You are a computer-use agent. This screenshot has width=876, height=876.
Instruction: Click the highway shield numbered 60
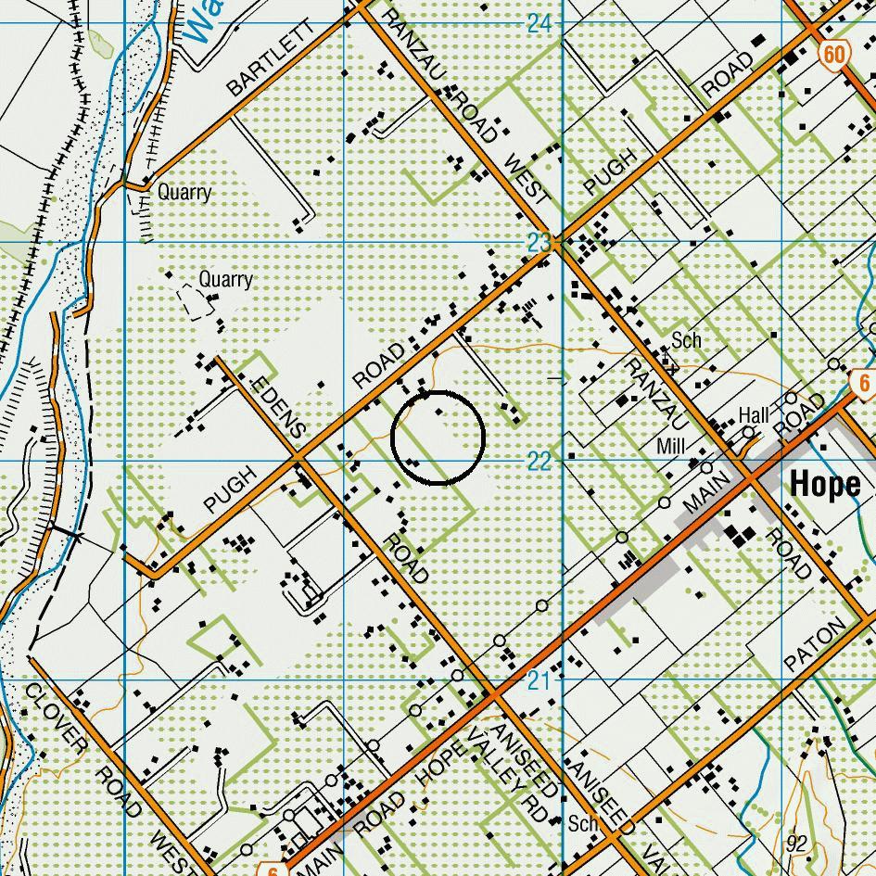coord(832,55)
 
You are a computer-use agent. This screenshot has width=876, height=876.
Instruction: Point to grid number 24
coord(540,23)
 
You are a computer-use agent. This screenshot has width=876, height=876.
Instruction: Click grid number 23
coord(540,243)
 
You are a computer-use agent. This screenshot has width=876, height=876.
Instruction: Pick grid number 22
coord(540,462)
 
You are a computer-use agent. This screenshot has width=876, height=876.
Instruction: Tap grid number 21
coord(540,681)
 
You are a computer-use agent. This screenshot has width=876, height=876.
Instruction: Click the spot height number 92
coord(796,844)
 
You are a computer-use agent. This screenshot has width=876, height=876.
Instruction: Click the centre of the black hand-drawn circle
coord(438,438)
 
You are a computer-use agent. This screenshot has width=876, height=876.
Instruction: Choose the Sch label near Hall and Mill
coord(687,340)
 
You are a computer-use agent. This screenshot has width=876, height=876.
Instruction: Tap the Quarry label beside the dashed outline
coord(225,279)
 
